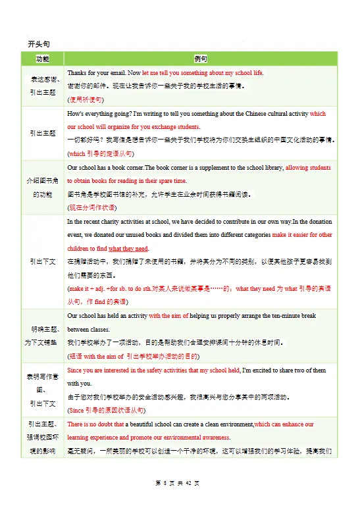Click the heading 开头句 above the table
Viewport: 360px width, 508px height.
point(39,43)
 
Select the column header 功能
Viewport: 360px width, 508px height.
point(43,59)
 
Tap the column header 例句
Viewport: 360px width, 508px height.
point(200,59)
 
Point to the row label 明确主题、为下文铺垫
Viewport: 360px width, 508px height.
point(43,335)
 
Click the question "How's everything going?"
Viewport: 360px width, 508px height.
point(99,113)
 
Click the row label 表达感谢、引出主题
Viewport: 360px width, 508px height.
point(43,86)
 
